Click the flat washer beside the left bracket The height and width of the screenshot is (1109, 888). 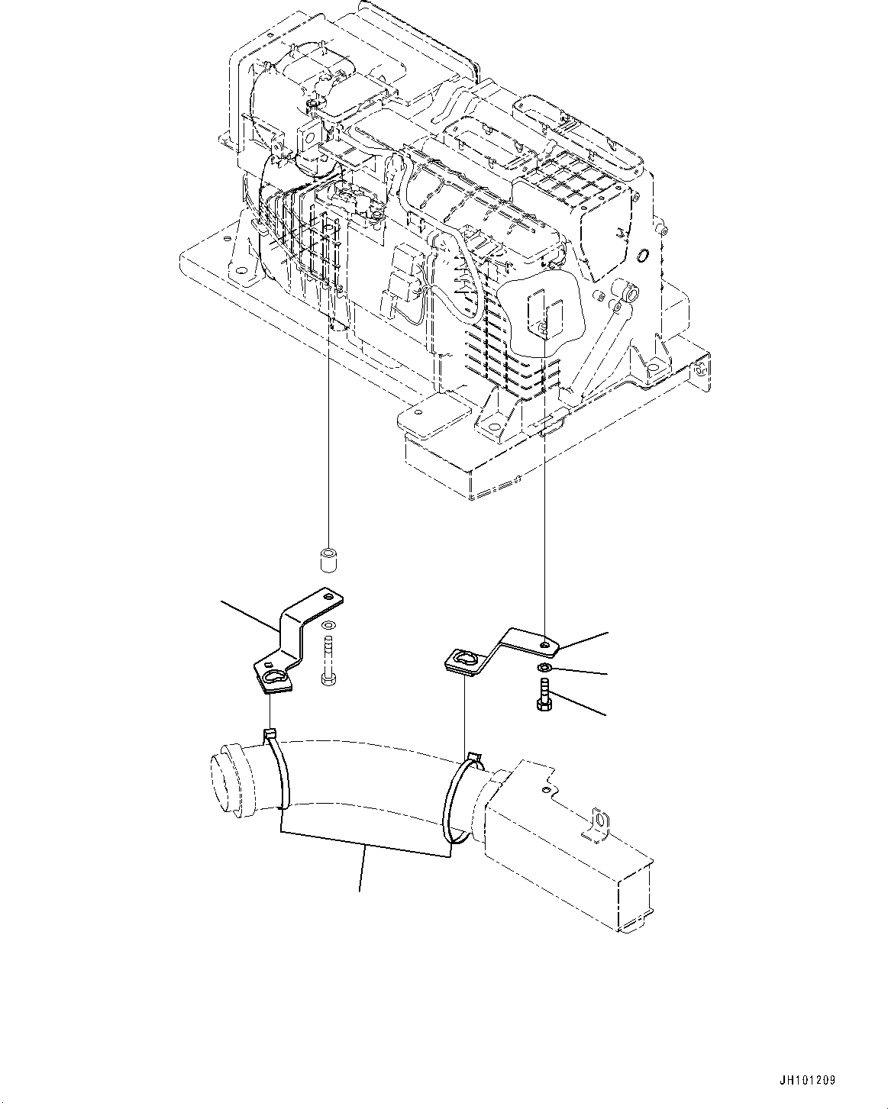pyautogui.click(x=328, y=626)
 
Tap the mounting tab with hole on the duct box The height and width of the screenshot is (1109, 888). pyautogui.click(x=600, y=825)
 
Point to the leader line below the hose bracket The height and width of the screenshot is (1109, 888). pyautogui.click(x=361, y=870)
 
